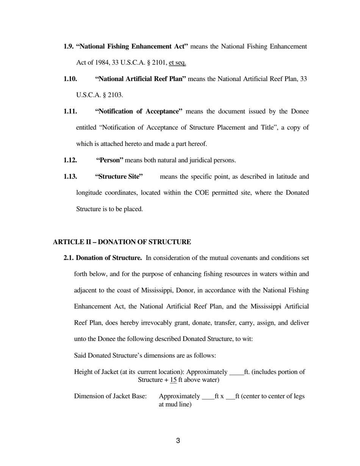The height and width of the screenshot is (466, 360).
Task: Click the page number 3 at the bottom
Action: (178, 441)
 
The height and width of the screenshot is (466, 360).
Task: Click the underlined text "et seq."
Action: (177, 63)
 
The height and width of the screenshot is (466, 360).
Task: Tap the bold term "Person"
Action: (110, 160)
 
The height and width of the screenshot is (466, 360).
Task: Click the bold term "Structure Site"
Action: (119, 177)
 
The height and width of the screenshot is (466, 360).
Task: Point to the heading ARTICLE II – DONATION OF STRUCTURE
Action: (122, 242)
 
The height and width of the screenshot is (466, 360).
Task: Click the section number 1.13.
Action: (70, 177)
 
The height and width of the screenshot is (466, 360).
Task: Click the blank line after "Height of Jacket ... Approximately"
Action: (236, 372)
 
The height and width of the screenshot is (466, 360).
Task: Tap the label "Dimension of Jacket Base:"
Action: (110, 396)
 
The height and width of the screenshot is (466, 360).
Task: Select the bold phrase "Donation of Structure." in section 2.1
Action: (109, 258)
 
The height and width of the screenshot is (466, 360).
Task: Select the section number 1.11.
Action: (70, 111)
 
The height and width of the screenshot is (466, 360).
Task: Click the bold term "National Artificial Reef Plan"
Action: (140, 79)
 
